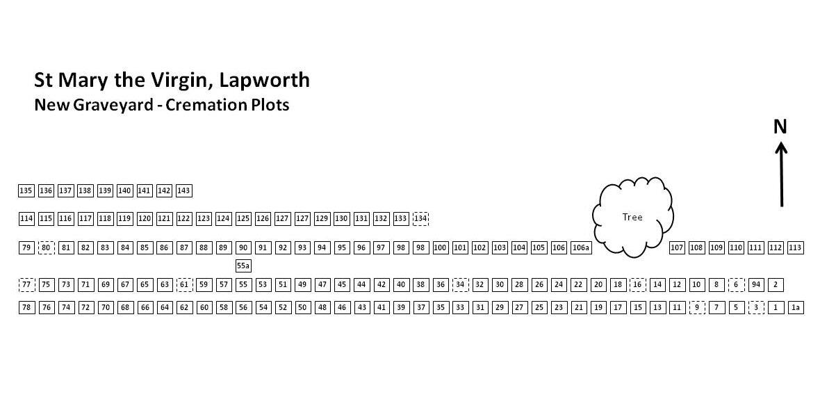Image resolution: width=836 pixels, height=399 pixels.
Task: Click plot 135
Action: tap(26, 190)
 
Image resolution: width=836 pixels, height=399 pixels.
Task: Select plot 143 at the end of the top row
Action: tap(184, 190)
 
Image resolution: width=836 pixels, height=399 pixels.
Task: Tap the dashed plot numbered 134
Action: tap(420, 219)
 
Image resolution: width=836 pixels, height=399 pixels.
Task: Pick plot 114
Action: tap(26, 219)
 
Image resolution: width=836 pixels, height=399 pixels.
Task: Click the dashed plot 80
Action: tap(47, 247)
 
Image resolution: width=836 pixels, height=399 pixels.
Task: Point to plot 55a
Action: tap(243, 266)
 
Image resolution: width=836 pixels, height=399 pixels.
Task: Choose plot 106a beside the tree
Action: tap(581, 247)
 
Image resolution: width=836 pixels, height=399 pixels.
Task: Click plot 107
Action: tap(677, 247)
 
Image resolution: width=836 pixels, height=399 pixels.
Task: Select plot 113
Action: tap(796, 247)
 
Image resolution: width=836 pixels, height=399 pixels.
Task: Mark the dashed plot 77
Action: tap(26, 284)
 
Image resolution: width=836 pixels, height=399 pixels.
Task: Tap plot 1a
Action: tap(796, 307)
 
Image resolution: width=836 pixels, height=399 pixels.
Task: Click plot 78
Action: tap(26, 307)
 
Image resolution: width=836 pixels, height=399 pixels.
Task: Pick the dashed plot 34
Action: tap(460, 284)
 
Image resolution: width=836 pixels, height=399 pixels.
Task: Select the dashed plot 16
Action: tap(638, 284)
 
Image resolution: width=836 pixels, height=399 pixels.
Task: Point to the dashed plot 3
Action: tap(757, 307)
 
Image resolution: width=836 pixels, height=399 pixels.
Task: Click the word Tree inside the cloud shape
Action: tap(632, 218)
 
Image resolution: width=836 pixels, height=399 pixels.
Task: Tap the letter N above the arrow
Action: tap(780, 127)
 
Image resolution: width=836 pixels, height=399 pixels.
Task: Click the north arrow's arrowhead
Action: tap(781, 147)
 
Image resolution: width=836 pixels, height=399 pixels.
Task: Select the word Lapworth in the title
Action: tap(264, 80)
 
